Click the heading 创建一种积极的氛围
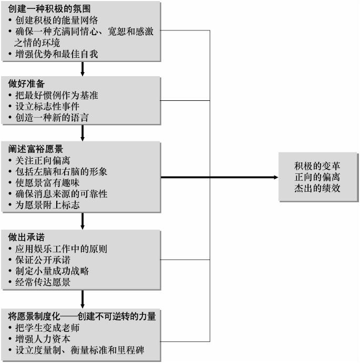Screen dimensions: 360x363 click(49, 9)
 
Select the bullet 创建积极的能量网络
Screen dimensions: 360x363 click(57, 20)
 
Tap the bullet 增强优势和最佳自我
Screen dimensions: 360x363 click(57, 54)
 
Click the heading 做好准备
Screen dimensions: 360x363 click(26, 84)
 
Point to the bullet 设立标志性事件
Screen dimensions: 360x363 click(47, 106)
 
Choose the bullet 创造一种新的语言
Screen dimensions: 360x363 click(52, 117)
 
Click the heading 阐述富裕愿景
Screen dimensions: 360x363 click(36, 149)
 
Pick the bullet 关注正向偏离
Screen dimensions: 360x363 click(43, 160)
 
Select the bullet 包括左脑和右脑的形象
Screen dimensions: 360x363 click(61, 172)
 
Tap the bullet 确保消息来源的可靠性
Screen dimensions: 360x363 click(61, 194)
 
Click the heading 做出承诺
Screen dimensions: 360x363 click(26, 237)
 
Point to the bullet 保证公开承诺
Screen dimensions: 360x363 click(43, 260)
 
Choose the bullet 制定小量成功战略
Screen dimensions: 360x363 click(52, 271)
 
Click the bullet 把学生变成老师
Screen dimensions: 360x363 click(47, 328)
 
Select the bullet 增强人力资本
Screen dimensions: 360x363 click(43, 339)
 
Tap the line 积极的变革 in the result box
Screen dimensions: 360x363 click(317, 166)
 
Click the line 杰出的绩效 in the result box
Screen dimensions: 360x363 click(317, 188)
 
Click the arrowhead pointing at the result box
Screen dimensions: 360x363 click(276, 178)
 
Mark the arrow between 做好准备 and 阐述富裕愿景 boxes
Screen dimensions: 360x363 click(83, 133)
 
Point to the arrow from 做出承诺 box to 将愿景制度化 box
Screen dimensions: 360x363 click(83, 299)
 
